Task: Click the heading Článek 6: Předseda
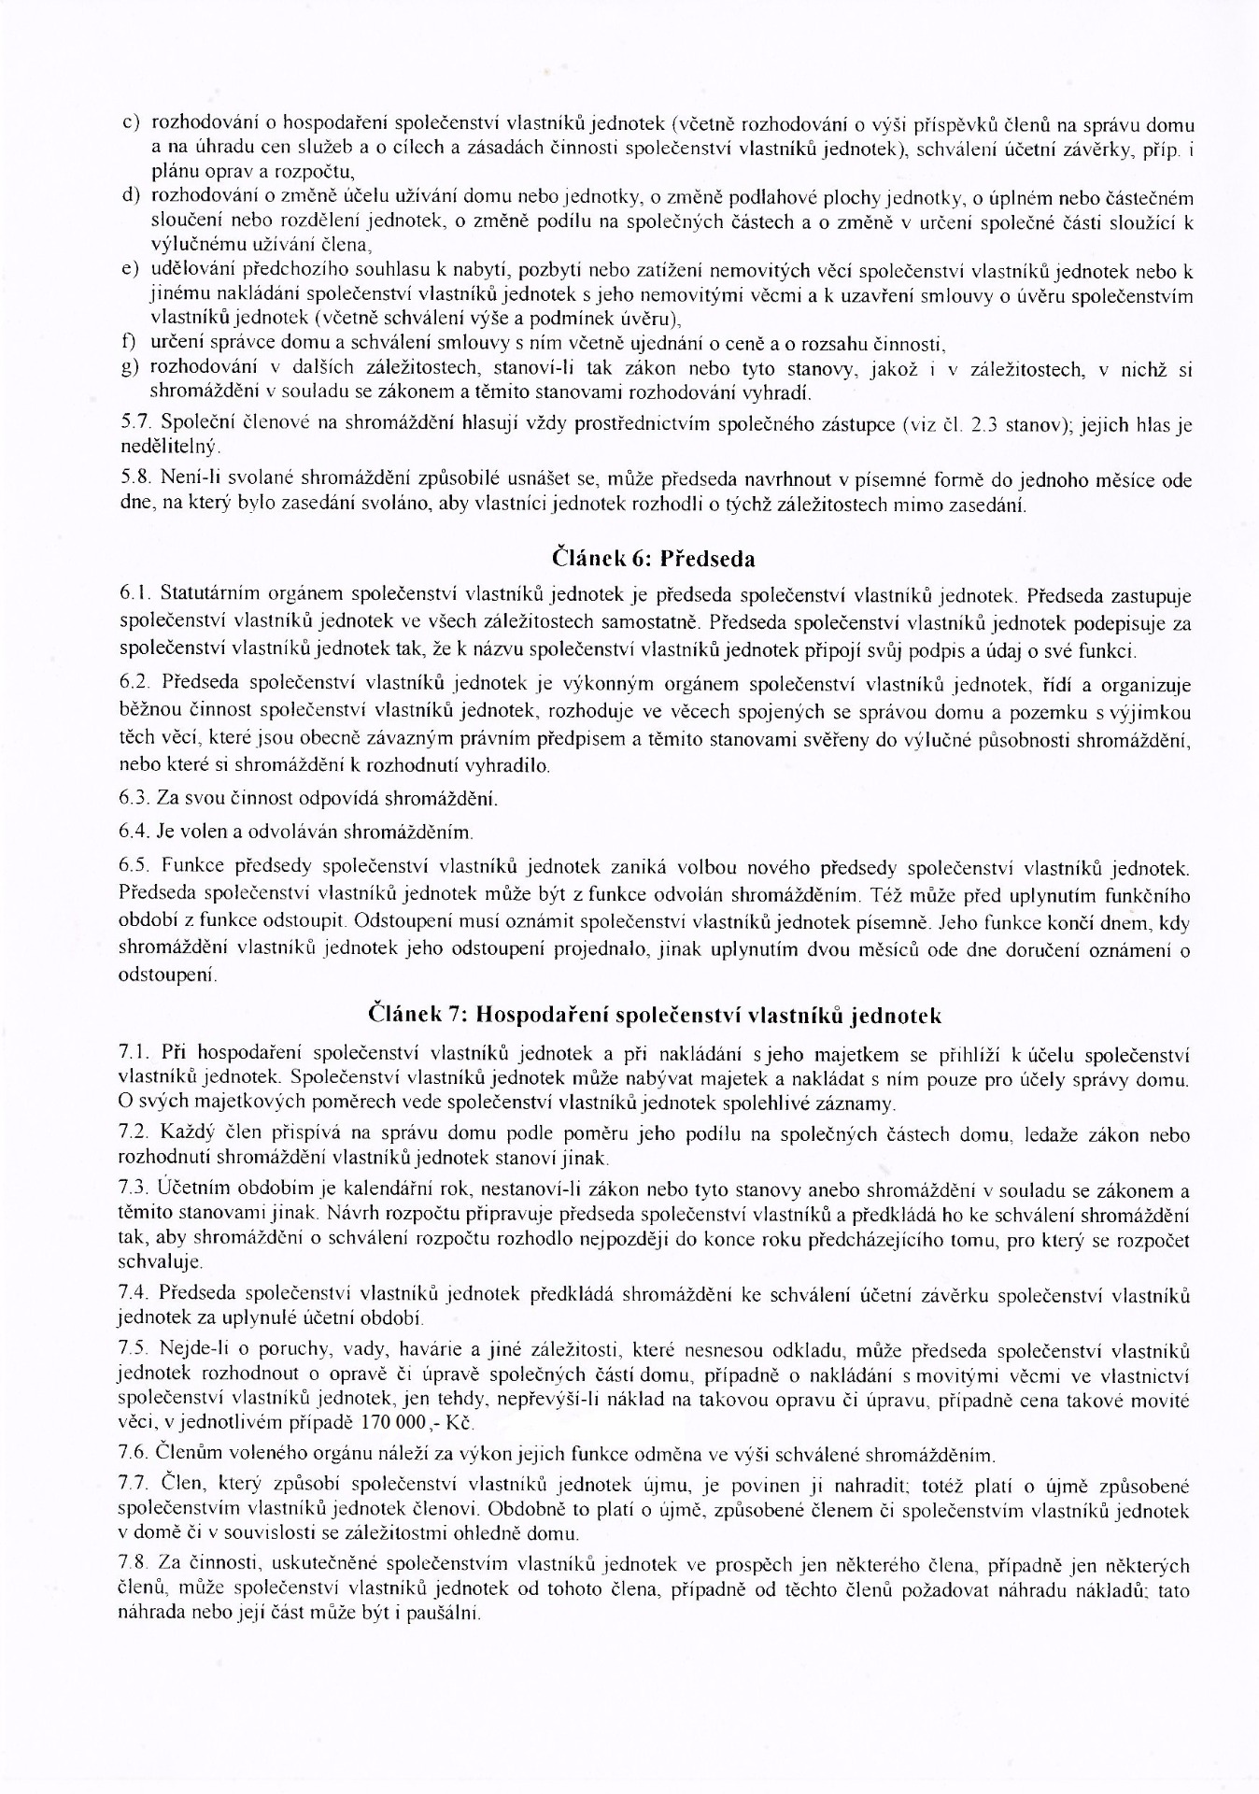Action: [x=654, y=559]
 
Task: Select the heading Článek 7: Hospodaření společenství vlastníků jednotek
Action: [x=656, y=1015]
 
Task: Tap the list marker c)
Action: [x=131, y=124]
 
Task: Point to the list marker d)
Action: [x=131, y=198]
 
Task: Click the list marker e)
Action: [x=131, y=272]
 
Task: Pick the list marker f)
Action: [x=130, y=345]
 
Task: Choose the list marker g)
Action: [x=131, y=369]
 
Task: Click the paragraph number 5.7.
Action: [x=134, y=424]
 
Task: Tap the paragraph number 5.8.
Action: [x=134, y=480]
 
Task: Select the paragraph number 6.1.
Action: [x=134, y=594]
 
